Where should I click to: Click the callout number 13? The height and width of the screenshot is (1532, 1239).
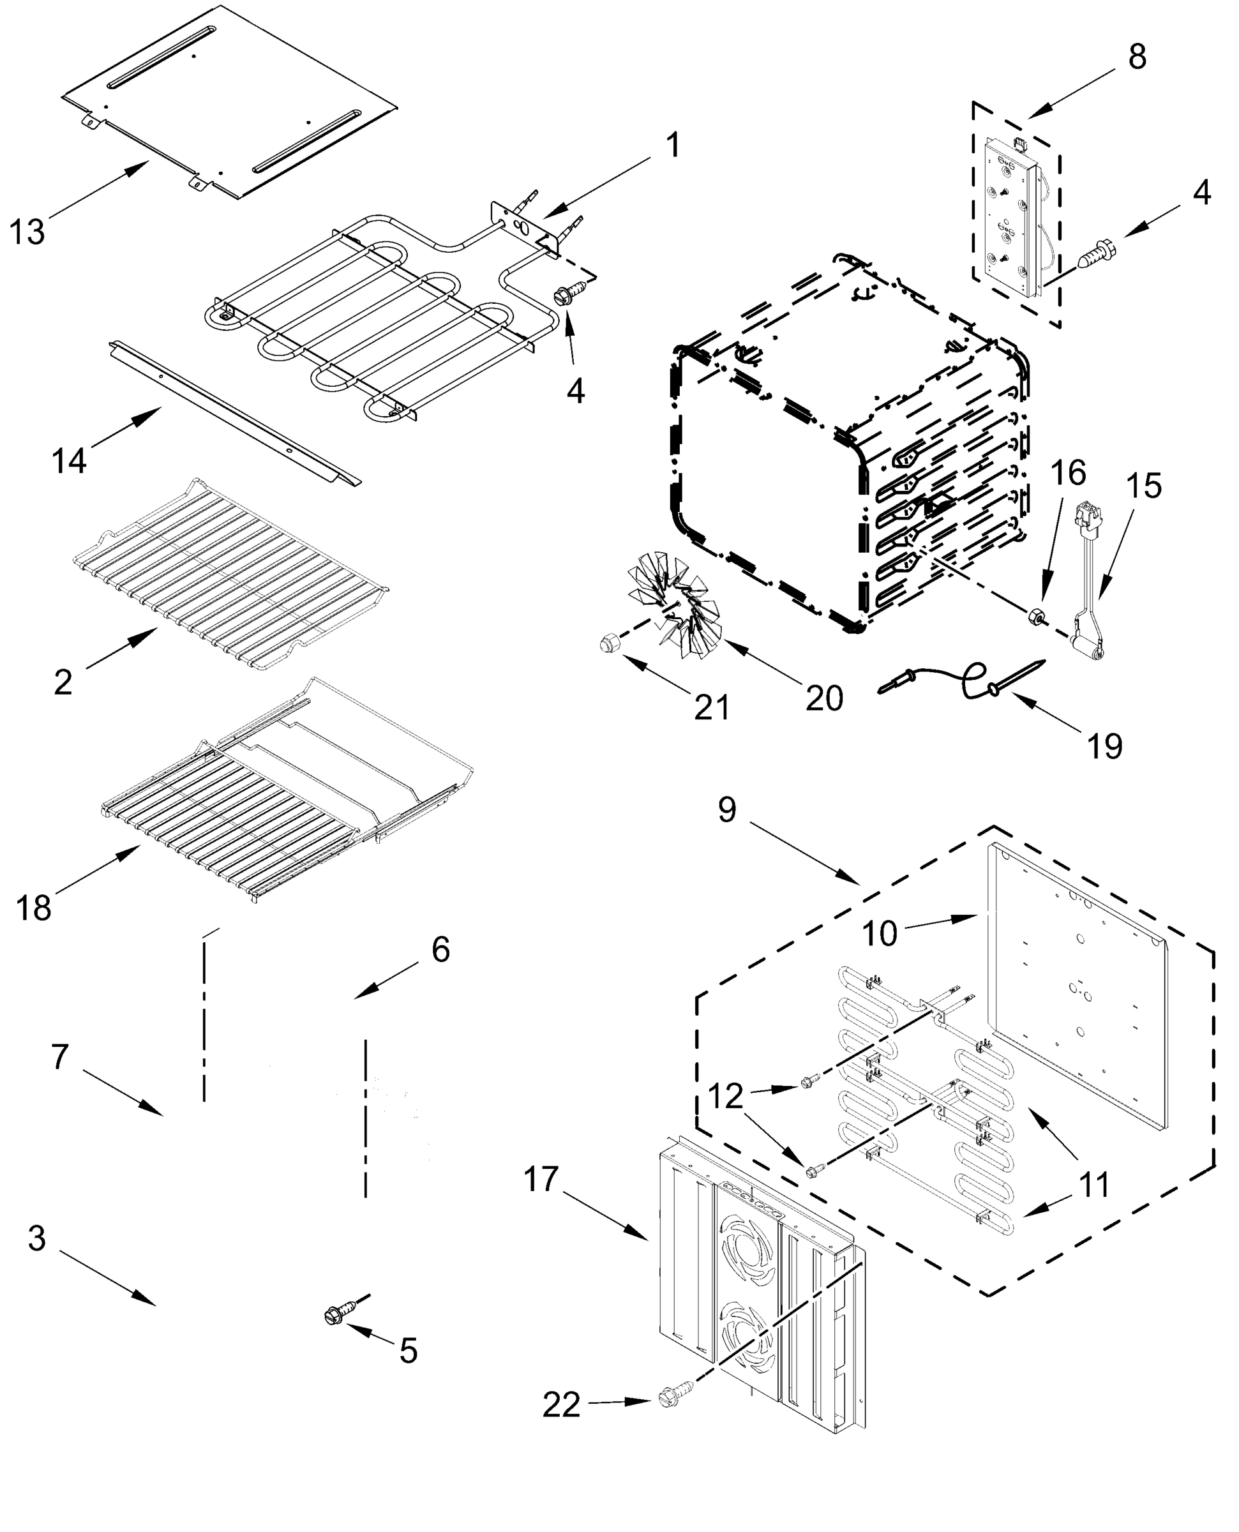27,232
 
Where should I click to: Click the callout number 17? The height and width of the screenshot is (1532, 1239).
541,1180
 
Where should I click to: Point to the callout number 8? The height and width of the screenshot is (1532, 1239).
1137,56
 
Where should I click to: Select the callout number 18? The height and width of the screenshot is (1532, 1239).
34,908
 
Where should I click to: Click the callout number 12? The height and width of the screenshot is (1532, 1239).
725,1097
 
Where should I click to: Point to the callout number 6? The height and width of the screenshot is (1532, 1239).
440,950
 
